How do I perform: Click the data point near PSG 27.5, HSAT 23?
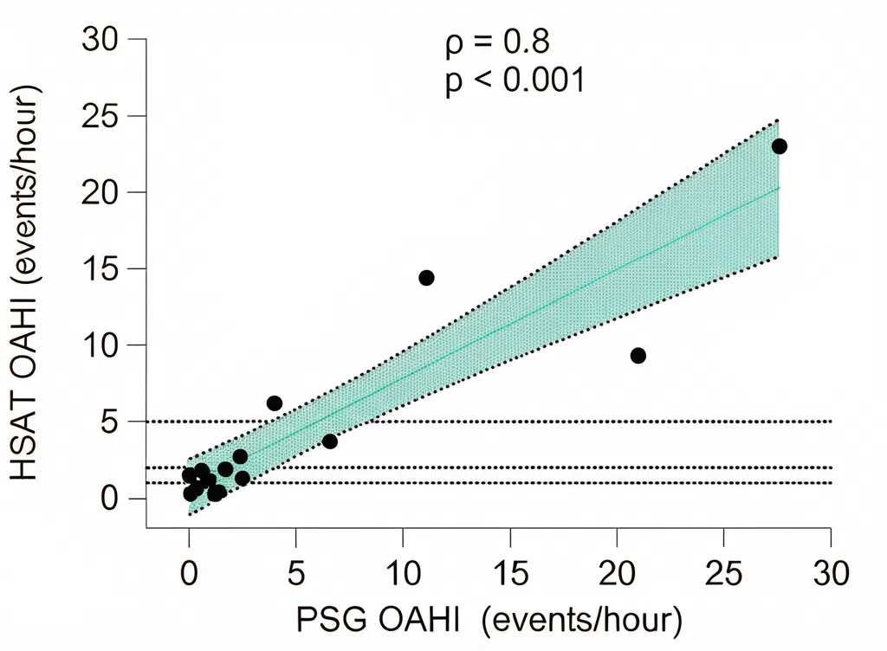point(779,146)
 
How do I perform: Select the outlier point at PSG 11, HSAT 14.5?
point(426,278)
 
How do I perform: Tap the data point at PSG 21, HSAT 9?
point(638,356)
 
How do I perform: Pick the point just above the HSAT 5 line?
point(275,403)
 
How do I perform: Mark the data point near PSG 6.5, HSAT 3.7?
point(330,442)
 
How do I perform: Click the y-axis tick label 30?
point(100,40)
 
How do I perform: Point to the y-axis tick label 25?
point(100,116)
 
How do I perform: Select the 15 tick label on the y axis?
point(100,269)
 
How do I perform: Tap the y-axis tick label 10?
point(100,345)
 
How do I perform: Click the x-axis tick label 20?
point(617,573)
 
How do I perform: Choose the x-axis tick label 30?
point(831,573)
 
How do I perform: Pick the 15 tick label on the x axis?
point(510,573)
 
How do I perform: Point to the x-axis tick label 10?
point(404,573)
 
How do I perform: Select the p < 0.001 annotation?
point(515,81)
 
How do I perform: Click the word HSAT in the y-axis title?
point(23,437)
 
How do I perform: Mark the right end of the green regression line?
point(780,188)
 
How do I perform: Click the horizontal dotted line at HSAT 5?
point(489,422)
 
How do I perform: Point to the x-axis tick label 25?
point(724,573)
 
